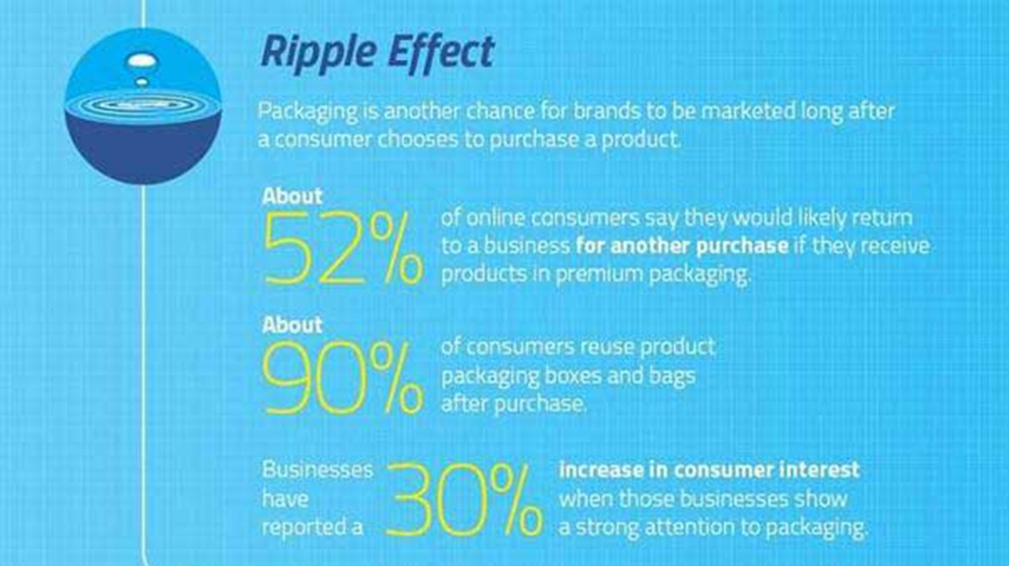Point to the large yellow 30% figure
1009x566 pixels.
coord(464,500)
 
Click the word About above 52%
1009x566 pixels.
coord(292,196)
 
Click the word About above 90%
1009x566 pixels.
coord(292,325)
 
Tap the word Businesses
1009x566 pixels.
coord(317,470)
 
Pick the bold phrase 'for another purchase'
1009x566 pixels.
coord(682,246)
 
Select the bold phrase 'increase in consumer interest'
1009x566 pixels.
coord(709,470)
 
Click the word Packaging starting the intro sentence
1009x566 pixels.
coord(307,112)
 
